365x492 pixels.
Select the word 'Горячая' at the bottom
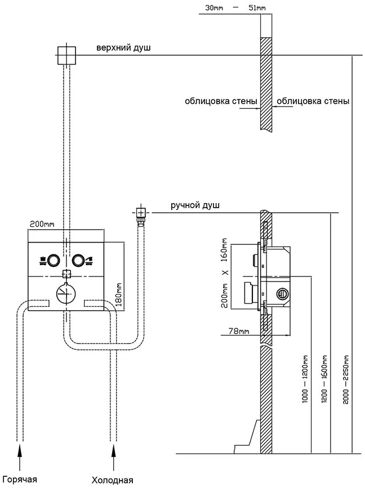point(20,480)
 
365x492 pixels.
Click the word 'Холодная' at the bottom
point(113,481)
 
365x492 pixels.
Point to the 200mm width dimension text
point(42,224)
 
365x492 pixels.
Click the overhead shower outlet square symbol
point(66,55)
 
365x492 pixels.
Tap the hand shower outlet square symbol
point(141,213)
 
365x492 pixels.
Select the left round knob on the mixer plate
point(54,260)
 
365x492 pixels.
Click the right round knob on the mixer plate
point(78,260)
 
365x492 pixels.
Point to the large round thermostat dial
point(66,295)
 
